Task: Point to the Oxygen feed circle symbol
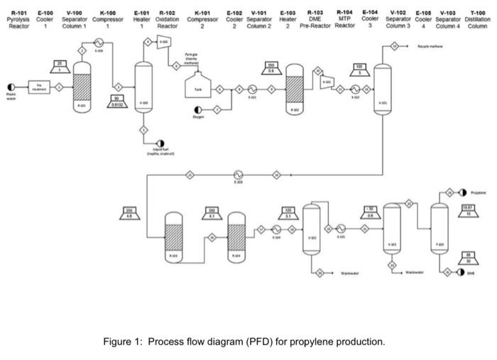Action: (x=196, y=109)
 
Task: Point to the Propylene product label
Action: (x=478, y=192)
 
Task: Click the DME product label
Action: (x=470, y=273)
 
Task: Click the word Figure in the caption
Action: (x=118, y=342)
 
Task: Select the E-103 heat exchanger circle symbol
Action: (x=239, y=173)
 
